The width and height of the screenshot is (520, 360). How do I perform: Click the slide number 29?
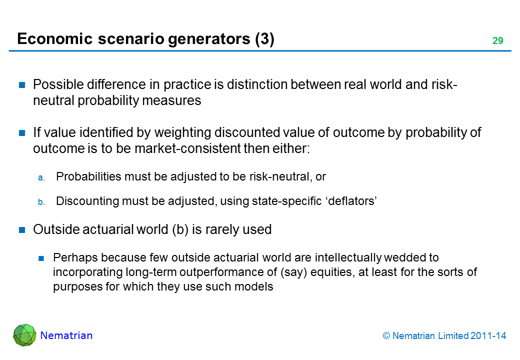coord(497,41)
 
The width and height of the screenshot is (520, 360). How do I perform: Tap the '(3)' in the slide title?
coord(264,39)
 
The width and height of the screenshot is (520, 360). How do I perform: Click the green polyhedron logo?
coord(24,335)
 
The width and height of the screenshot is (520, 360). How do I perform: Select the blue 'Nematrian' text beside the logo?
coord(66,335)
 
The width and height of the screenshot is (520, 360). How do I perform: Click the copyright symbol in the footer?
coord(386,336)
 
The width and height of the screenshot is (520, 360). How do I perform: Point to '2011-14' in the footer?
coord(488,336)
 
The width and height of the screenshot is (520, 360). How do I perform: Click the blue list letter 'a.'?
coord(41,178)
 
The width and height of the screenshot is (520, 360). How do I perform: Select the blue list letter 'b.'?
coord(41,202)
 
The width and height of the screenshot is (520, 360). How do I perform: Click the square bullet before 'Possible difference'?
coord(22,85)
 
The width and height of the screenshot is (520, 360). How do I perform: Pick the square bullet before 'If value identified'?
coord(22,133)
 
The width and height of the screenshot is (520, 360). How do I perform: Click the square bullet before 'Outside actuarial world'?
coord(22,230)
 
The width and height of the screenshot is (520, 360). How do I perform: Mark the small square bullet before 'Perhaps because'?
coord(41,258)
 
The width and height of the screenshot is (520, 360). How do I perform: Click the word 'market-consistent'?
coord(188,148)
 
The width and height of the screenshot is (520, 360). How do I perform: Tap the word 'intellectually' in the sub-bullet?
coord(348,257)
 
